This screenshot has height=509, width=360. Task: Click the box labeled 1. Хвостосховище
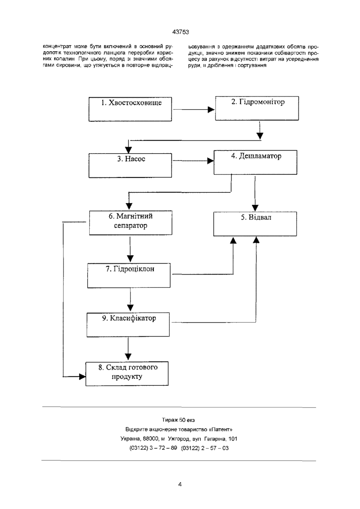[x=130, y=109]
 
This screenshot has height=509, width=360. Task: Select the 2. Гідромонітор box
[x=257, y=108]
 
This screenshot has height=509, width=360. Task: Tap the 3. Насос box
[x=130, y=166]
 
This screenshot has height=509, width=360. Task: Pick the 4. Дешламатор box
[x=255, y=162]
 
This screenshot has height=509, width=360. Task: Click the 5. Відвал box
[x=255, y=224]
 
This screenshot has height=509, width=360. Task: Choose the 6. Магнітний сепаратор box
[x=131, y=223]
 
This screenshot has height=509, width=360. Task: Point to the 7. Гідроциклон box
[x=129, y=275]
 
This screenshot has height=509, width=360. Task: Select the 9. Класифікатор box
[x=128, y=325]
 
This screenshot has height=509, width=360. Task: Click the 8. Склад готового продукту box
[x=127, y=374]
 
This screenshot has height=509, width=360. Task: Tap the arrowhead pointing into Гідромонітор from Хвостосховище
[x=211, y=110]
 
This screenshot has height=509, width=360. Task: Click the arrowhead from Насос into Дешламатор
[x=210, y=161]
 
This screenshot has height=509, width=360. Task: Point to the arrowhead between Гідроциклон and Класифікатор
[x=130, y=308]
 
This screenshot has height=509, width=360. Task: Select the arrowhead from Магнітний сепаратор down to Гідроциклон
[x=130, y=259]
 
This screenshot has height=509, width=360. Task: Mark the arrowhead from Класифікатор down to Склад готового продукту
[x=128, y=357]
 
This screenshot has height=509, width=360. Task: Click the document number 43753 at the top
[x=181, y=32]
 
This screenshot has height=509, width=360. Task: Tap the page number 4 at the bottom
[x=180, y=485]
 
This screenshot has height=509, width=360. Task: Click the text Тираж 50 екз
[x=178, y=420]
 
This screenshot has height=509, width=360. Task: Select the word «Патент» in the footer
[x=220, y=429]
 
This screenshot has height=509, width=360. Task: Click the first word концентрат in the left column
[x=57, y=47]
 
